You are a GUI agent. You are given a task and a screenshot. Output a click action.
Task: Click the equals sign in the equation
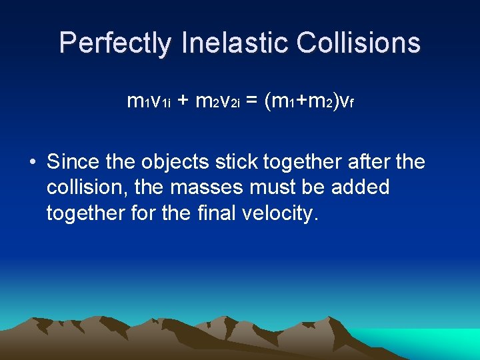pyautogui.click(x=252, y=101)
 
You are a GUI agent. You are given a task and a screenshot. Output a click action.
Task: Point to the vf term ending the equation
pyautogui.click(x=345, y=101)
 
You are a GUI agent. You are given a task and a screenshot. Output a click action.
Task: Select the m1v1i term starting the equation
pyautogui.click(x=149, y=101)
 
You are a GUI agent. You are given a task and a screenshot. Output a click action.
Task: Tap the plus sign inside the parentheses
pyautogui.click(x=301, y=101)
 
